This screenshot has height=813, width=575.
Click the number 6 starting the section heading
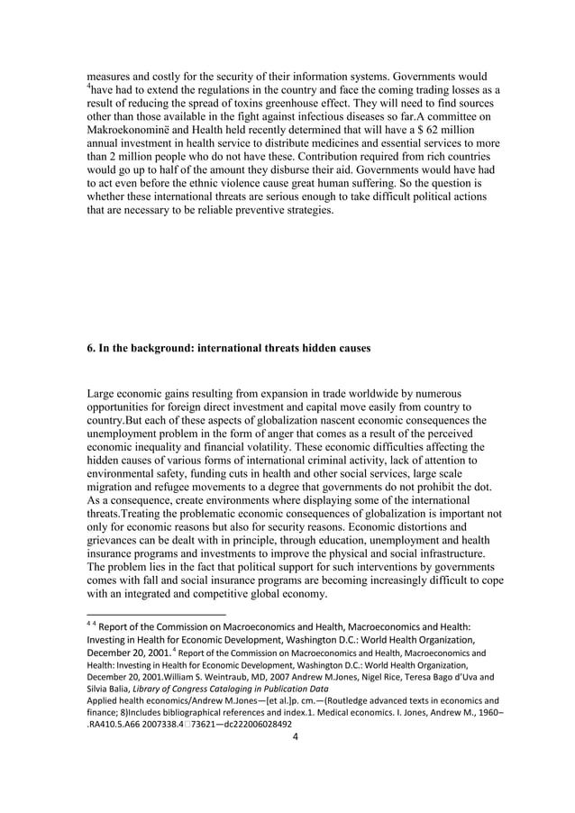(x=90, y=348)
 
